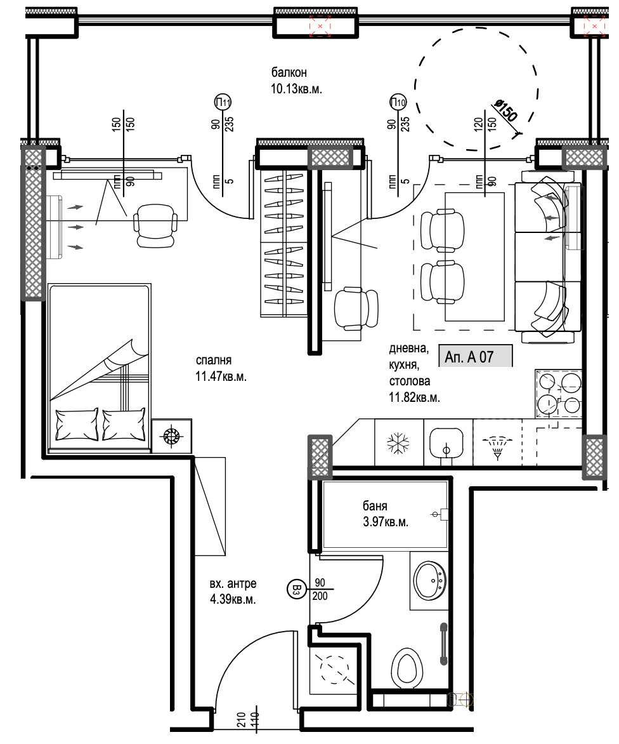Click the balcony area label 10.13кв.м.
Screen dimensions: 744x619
[x=297, y=90]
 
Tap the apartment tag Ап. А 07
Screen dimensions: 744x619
[x=469, y=357]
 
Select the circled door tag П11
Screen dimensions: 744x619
[x=223, y=102]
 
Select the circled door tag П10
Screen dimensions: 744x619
[x=398, y=102]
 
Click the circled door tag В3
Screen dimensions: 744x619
[x=296, y=590]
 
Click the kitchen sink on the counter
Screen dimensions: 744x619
[x=446, y=442]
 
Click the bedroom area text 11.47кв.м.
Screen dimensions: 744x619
[x=221, y=376]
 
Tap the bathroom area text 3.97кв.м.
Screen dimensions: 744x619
[x=385, y=522]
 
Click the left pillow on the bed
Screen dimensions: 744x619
[x=77, y=423]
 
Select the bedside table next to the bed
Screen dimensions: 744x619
[x=171, y=436]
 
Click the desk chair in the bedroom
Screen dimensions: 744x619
[x=155, y=225]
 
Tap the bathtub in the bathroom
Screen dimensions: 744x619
[x=386, y=515]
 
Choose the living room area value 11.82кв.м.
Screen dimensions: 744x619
[x=414, y=398]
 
